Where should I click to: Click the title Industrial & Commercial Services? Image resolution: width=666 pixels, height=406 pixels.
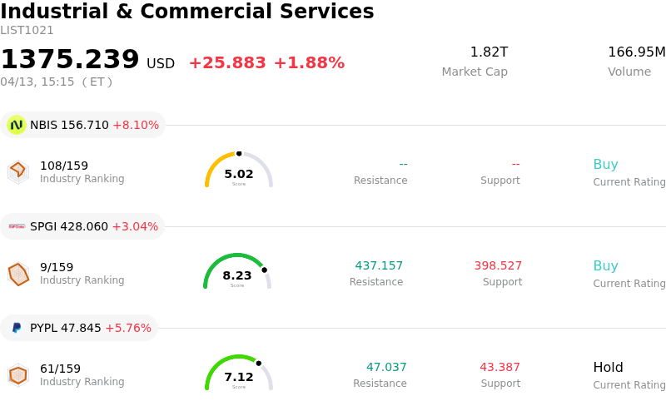(x=187, y=12)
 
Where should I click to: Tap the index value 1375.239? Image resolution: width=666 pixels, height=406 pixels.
(x=70, y=60)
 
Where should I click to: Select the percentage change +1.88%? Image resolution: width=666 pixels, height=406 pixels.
(x=309, y=63)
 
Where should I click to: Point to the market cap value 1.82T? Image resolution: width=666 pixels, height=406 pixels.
(x=489, y=52)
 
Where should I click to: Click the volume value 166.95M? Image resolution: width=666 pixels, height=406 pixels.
(x=636, y=52)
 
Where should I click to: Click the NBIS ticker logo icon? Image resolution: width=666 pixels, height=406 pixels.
(x=16, y=125)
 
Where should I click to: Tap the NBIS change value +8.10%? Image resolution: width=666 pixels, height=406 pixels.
(x=136, y=126)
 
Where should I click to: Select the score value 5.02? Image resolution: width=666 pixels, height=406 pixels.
(x=239, y=175)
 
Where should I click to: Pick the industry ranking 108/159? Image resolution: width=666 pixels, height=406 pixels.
(x=64, y=166)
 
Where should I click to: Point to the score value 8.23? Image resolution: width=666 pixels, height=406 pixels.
(x=237, y=276)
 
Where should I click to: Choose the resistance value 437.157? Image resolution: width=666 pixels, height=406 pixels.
(x=379, y=266)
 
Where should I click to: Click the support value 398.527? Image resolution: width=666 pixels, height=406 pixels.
(x=498, y=266)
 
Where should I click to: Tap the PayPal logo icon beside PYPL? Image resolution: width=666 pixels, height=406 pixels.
(x=16, y=329)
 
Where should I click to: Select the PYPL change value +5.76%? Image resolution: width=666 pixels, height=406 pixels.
(x=129, y=329)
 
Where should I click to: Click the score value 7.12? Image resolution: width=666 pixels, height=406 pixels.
(x=239, y=378)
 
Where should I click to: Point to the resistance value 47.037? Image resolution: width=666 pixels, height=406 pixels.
(x=386, y=368)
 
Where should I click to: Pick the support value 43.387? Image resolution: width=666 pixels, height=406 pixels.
(x=499, y=368)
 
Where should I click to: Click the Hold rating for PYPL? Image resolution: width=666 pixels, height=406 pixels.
(x=608, y=368)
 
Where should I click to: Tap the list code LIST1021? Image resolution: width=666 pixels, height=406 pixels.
(x=27, y=31)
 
